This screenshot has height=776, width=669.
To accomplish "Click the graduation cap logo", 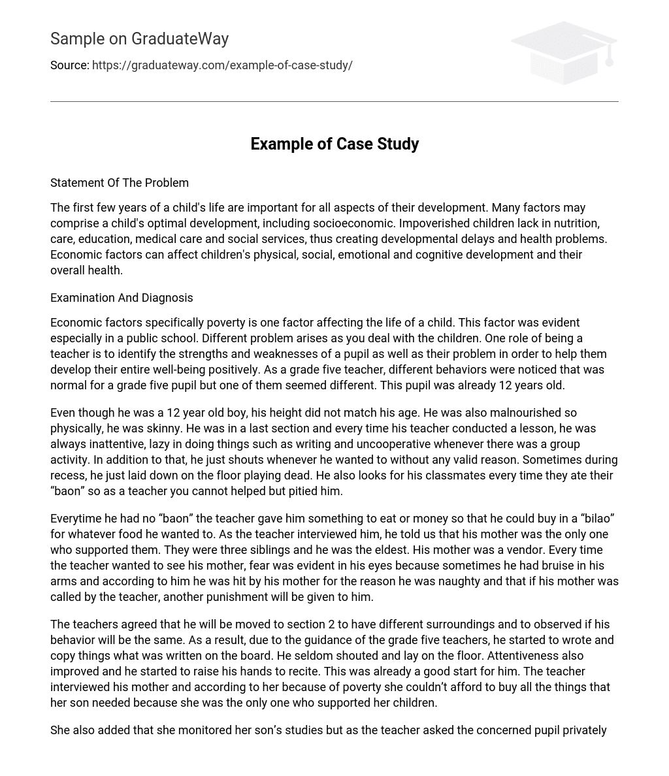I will coord(564,53).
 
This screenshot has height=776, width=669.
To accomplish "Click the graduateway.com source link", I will coord(222,65).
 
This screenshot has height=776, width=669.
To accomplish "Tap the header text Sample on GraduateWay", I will coord(139,39).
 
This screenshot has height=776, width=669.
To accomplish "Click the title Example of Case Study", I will coord(334,144).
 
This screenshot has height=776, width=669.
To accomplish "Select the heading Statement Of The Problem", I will coord(120,183).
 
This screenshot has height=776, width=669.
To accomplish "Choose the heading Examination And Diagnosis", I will coord(122,298).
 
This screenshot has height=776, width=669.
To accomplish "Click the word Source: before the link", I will coord(69,65).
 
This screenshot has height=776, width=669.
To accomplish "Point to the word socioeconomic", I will coord(354,223).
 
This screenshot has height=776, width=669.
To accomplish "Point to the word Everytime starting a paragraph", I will coord(75,519).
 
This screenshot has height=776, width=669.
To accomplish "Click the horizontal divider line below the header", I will coord(334,101).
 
